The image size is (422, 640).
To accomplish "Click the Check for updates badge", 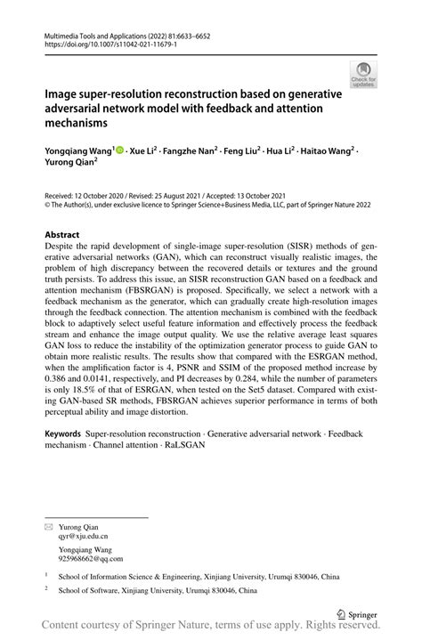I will pos(362,74).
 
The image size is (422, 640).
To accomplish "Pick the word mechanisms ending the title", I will pos(76,123).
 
